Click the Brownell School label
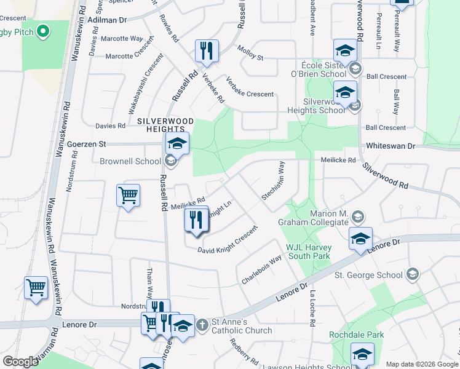pyautogui.click(x=129, y=162)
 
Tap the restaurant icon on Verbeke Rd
pyautogui.click(x=207, y=50)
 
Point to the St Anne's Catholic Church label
pyautogui.click(x=242, y=326)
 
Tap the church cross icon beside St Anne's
pyautogui.click(x=204, y=325)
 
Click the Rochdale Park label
pyautogui.click(x=357, y=335)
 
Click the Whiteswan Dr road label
pyautogui.click(x=391, y=146)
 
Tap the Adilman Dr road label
pyautogui.click(x=107, y=20)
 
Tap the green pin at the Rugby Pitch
pyautogui.click(x=42, y=31)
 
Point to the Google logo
pyautogui.click(x=21, y=362)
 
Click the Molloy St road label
pyautogui.click(x=250, y=54)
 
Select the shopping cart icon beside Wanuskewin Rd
pyautogui.click(x=36, y=287)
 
